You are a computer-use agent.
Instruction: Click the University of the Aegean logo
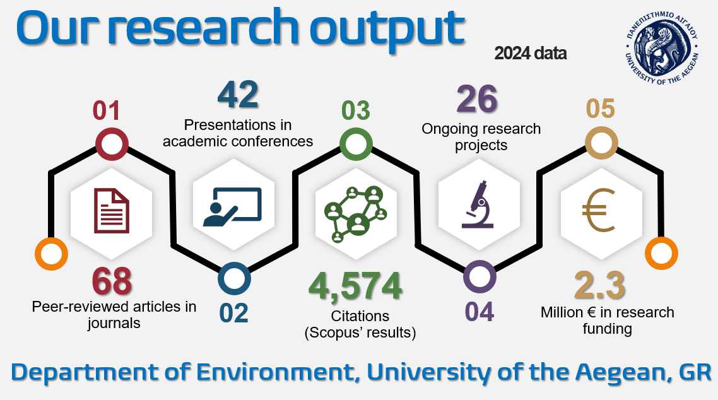tap(662, 47)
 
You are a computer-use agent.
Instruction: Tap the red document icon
tap(112, 211)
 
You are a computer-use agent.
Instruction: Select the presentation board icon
tap(233, 207)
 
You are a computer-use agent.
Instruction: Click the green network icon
tap(355, 214)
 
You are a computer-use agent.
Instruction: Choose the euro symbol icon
tap(600, 210)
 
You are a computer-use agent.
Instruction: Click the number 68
tap(112, 281)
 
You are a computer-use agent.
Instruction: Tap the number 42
tap(238, 95)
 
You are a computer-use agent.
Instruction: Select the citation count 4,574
tap(355, 286)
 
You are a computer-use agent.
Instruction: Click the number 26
tap(477, 98)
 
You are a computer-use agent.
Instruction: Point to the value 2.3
tap(600, 285)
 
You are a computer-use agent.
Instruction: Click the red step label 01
tap(106, 111)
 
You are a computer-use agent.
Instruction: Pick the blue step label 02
tap(233, 313)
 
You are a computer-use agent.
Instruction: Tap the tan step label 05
tap(600, 109)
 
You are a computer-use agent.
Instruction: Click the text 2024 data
tap(530, 54)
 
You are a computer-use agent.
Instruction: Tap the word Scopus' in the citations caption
tap(333, 332)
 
